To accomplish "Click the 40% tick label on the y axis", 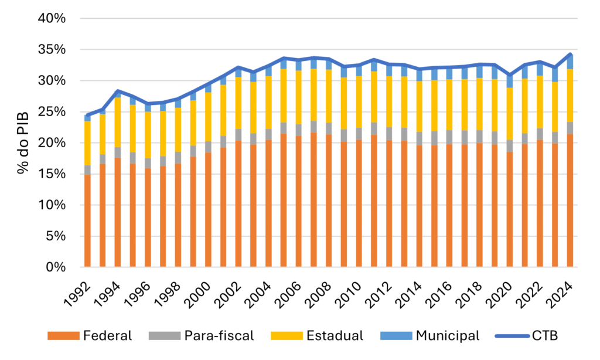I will point(52,18).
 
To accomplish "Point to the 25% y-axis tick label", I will point(52,111).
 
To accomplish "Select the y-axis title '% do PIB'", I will point(22,143).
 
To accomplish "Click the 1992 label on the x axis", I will point(79,288).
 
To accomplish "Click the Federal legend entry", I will point(107,336).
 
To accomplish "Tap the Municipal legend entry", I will point(448,336).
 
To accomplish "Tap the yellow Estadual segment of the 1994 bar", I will point(118,123).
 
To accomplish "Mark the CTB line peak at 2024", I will point(570,54).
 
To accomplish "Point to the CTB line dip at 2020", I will point(509,75).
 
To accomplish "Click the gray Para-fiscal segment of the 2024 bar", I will point(570,128).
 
